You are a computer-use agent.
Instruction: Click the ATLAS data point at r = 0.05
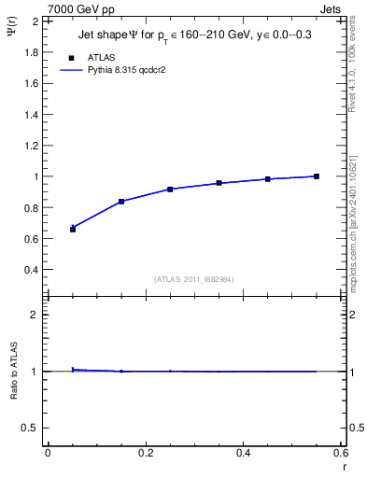point(73,229)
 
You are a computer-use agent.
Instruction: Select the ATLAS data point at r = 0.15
point(121,202)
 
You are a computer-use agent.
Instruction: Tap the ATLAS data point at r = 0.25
point(170,190)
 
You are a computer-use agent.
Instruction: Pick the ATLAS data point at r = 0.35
point(219,183)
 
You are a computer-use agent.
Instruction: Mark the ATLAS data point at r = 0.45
point(268,178)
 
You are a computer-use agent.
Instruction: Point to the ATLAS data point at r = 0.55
point(317,176)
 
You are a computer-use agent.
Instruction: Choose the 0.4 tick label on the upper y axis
point(31,270)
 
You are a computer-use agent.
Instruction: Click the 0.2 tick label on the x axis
point(145,453)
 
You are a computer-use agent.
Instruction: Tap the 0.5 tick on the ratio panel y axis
point(31,428)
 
